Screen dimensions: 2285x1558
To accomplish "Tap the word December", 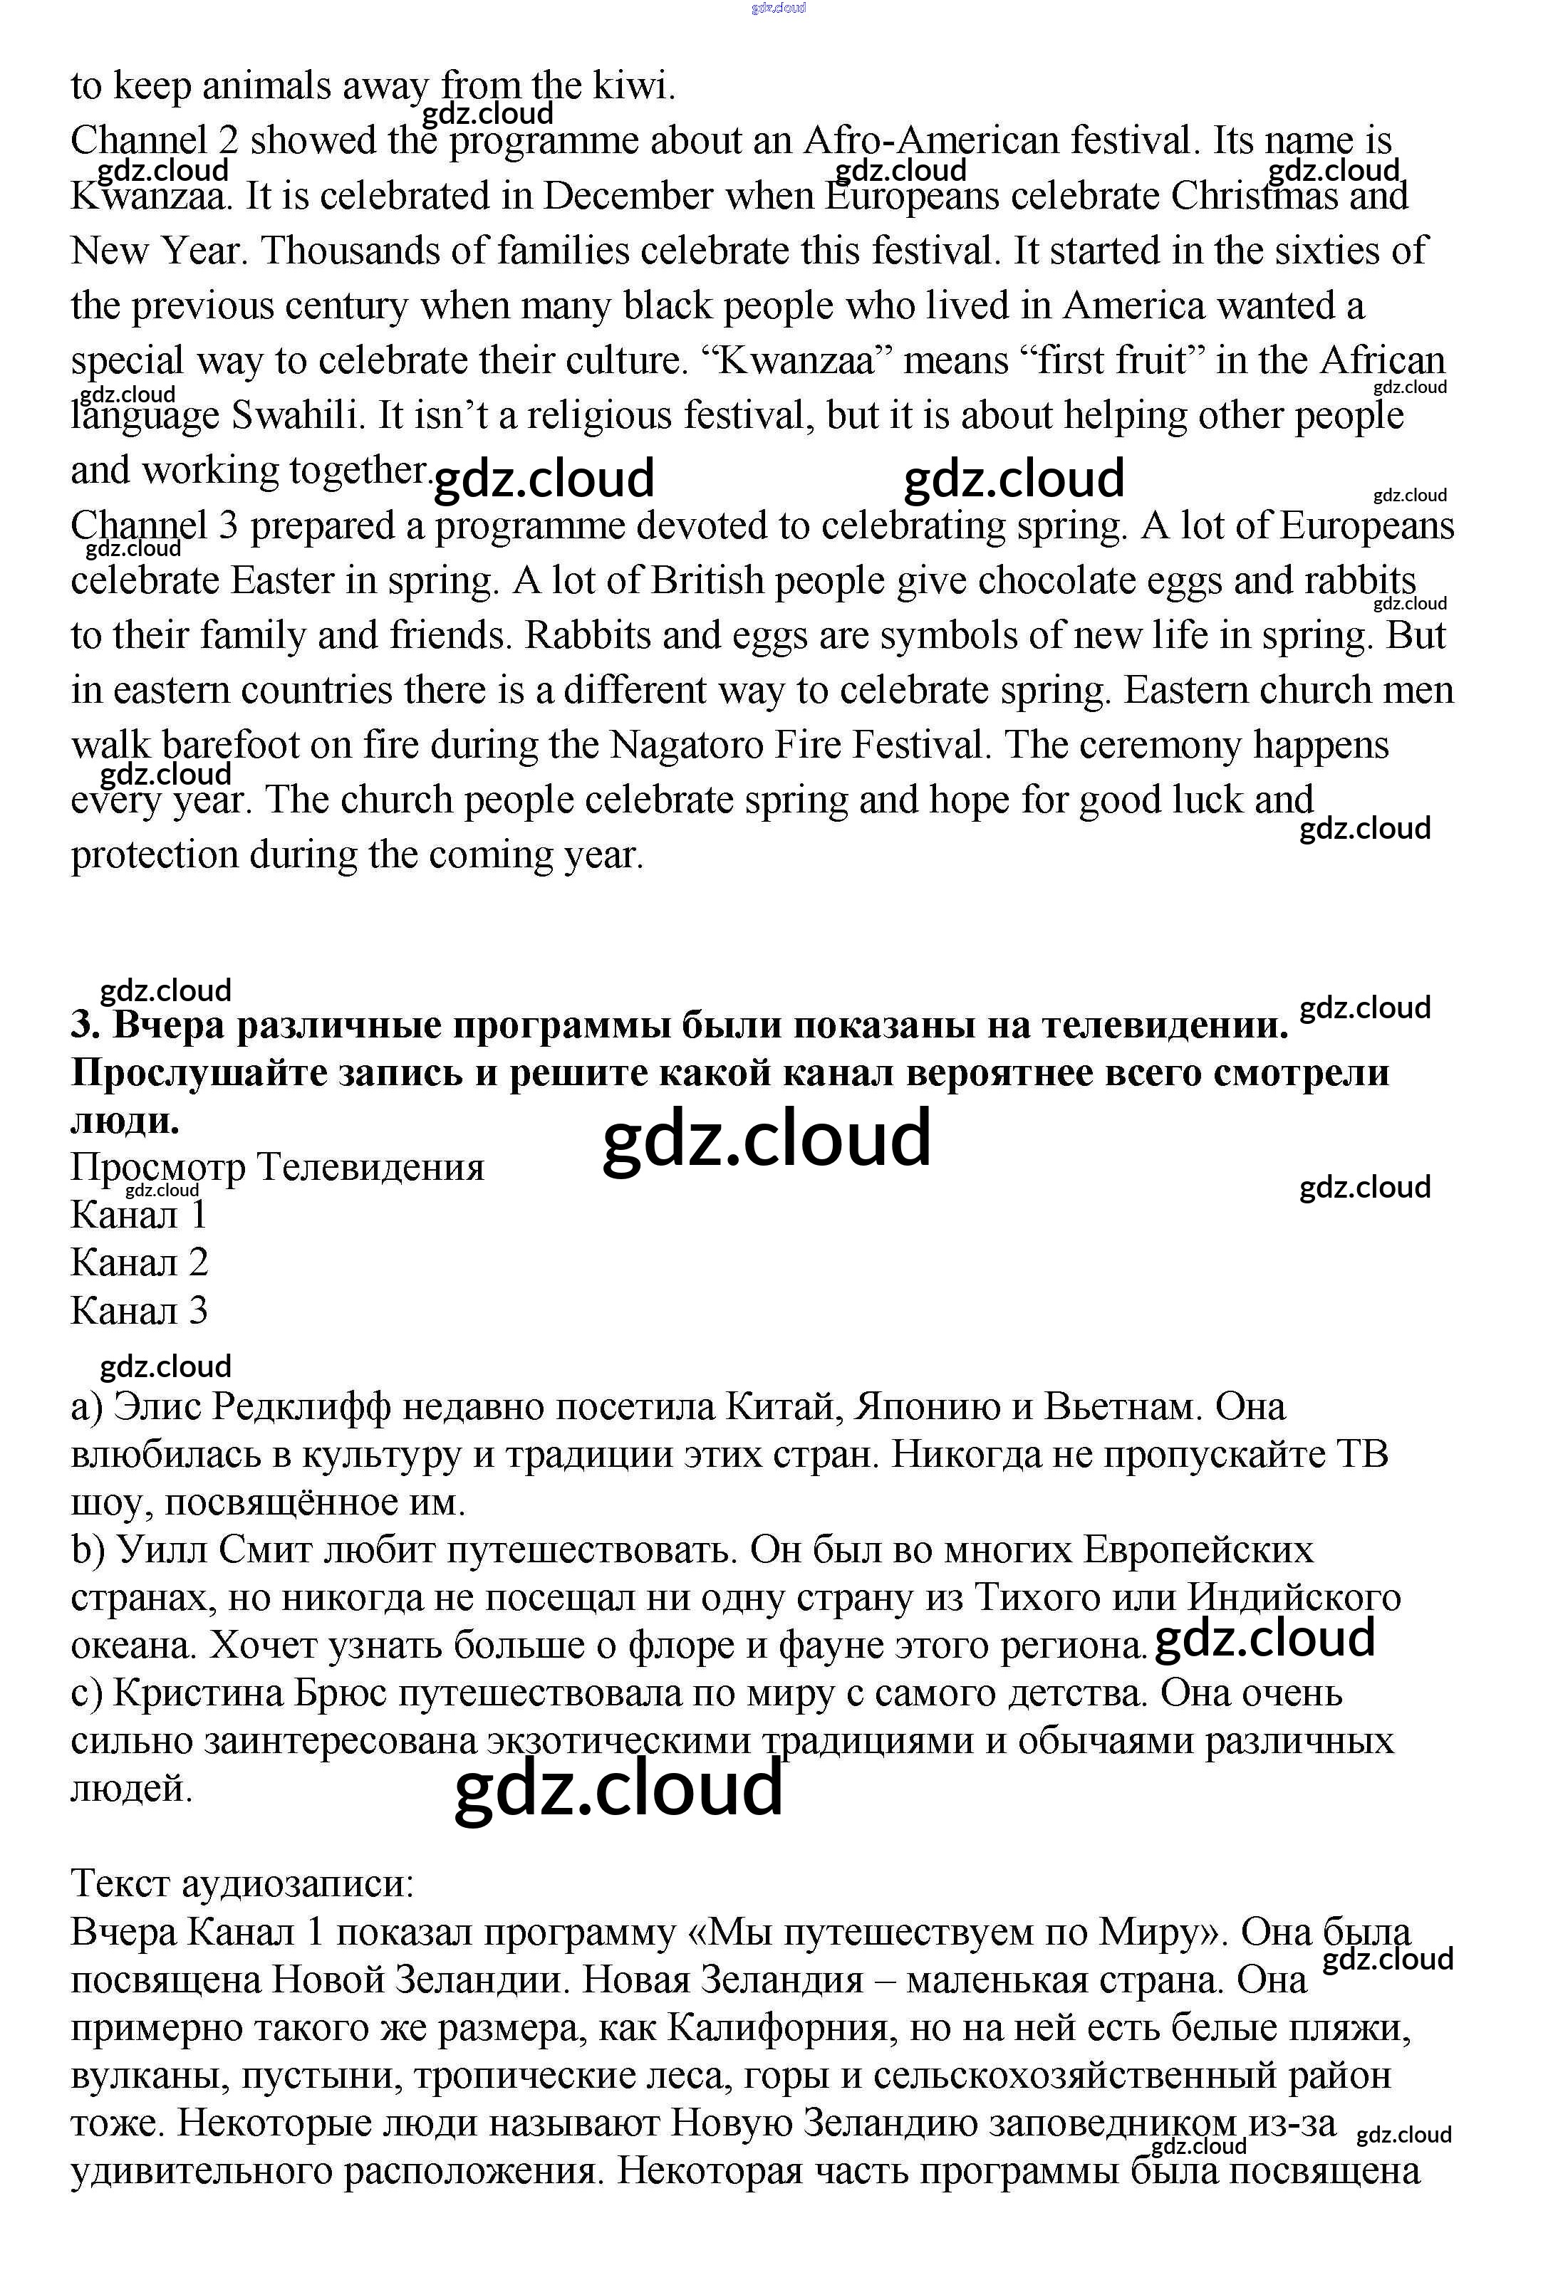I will point(628,196).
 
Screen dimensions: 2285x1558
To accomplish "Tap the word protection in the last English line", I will point(155,855).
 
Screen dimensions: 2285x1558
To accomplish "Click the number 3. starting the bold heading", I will point(87,1025).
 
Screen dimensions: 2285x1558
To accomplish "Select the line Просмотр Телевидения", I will point(277,1168).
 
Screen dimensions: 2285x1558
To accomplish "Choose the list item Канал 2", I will point(140,1263).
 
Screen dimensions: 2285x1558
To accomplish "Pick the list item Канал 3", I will point(140,1312).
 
